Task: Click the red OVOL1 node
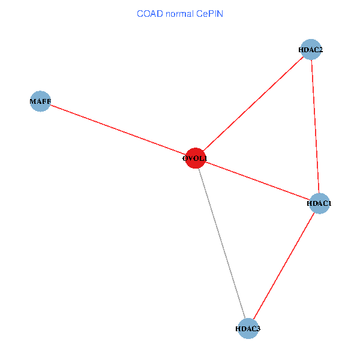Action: coord(196,158)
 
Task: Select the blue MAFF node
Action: coord(40,101)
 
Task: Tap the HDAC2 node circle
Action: coord(311,50)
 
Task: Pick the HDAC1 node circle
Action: coord(319,203)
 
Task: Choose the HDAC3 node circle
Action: coord(248,329)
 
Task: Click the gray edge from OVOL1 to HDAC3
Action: coord(222,244)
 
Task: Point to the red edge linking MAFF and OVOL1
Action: coord(118,130)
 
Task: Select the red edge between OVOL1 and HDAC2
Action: coord(253,104)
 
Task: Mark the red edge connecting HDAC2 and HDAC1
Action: coord(315,127)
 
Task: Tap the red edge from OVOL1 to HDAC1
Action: coord(257,181)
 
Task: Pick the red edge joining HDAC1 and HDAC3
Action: coord(284,266)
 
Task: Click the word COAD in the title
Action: coord(150,14)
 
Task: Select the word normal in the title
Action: coord(180,14)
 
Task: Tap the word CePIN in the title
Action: coord(209,14)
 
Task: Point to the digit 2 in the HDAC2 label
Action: coord(320,50)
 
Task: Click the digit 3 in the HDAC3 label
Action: coord(258,329)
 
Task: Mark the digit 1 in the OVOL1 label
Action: coord(205,158)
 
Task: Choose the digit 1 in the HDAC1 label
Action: coord(329,203)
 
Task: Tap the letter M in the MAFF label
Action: coord(33,101)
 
